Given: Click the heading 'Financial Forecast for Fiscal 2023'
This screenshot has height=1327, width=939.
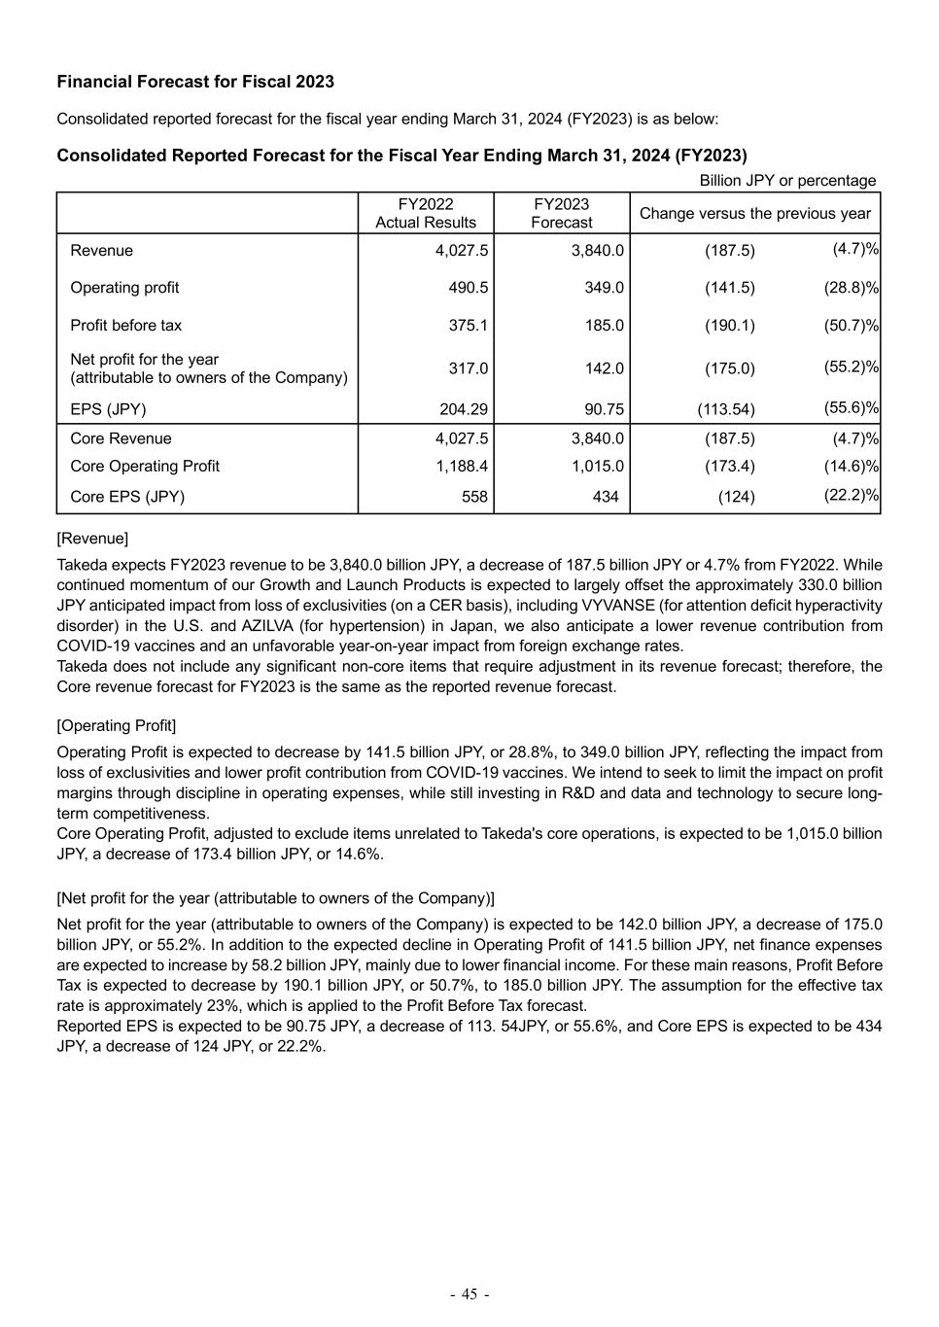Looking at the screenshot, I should [195, 82].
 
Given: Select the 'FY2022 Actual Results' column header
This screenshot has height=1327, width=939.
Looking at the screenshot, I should [426, 213].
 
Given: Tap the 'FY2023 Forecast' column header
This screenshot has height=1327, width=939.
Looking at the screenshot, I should [562, 213].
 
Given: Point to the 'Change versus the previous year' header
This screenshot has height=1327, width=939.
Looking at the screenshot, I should [755, 213].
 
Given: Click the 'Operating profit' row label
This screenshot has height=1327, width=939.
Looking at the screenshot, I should [124, 288].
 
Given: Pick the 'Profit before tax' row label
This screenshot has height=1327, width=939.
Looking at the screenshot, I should [125, 326].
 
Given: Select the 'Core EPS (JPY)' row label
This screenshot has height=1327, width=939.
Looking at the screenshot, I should [127, 497].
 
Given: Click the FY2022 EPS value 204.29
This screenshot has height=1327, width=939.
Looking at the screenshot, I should [464, 409].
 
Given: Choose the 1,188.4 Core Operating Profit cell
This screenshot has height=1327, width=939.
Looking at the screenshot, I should [462, 467].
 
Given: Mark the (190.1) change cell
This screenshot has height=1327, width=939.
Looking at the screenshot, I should [730, 326].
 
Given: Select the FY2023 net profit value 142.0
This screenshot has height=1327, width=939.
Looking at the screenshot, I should [604, 368].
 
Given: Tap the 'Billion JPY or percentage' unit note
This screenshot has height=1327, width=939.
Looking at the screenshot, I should [787, 181].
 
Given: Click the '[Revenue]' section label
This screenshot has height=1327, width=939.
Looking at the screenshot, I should [92, 539].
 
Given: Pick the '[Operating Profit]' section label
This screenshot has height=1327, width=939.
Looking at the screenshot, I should [117, 726].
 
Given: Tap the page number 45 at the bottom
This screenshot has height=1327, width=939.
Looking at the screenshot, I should [469, 1294].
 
